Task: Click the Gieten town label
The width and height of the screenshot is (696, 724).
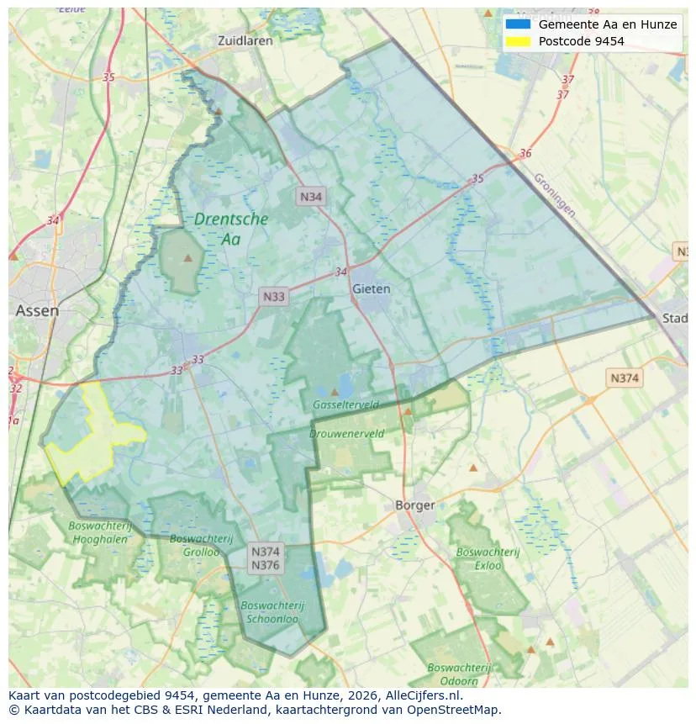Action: (371, 288)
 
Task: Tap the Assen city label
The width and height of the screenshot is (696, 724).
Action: (37, 310)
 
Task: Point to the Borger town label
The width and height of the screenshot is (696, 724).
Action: (415, 505)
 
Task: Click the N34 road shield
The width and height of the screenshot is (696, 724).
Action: (311, 197)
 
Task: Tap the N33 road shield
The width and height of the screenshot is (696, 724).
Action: (274, 296)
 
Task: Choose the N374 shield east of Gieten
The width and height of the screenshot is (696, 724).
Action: (624, 378)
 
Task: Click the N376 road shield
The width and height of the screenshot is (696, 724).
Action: (266, 565)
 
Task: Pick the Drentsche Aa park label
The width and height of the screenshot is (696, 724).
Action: (230, 229)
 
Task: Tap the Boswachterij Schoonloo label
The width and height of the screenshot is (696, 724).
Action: (272, 611)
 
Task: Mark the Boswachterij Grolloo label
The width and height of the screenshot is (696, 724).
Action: (194, 545)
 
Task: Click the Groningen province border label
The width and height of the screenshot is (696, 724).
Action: (555, 196)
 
